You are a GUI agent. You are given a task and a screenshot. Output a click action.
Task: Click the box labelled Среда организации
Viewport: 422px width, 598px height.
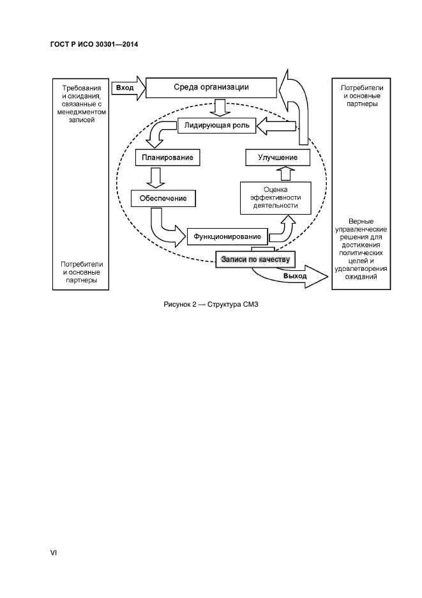click(211, 87)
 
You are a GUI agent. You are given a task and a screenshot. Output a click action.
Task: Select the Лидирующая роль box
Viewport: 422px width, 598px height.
click(216, 126)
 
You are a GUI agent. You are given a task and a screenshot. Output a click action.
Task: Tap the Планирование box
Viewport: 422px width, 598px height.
click(165, 157)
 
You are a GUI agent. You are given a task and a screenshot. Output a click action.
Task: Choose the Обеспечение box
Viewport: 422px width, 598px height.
click(163, 198)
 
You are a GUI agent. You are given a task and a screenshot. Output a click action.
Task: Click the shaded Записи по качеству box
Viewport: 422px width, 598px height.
click(255, 259)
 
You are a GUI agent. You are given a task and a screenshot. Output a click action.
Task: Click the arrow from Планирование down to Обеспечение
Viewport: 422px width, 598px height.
click(153, 177)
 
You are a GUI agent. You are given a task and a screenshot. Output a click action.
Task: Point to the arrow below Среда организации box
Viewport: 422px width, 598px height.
click(220, 107)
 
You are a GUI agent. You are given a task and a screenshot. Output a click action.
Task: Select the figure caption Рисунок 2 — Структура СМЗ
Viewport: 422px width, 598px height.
click(211, 304)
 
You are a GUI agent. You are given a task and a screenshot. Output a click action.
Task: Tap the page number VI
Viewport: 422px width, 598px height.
click(54, 552)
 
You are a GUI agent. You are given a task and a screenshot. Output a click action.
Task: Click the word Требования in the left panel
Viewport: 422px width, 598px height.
click(80, 88)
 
